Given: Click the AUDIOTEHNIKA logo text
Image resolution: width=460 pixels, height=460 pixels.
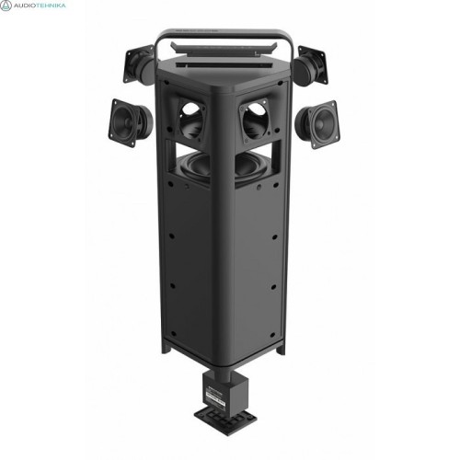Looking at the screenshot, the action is pyautogui.click(x=40, y=6).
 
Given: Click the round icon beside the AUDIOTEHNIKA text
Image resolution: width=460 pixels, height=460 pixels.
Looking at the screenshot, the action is pyautogui.click(x=6, y=6).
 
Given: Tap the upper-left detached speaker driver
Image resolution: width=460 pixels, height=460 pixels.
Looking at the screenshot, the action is pyautogui.click(x=139, y=64).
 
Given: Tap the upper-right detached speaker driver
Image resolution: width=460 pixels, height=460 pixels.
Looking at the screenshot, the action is pyautogui.click(x=311, y=65).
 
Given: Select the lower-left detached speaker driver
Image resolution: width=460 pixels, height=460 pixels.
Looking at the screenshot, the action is pyautogui.click(x=130, y=122).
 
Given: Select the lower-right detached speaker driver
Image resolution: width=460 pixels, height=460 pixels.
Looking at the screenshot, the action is pyautogui.click(x=317, y=124).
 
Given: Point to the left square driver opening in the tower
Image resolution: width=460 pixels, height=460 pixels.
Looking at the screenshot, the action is pyautogui.click(x=191, y=120).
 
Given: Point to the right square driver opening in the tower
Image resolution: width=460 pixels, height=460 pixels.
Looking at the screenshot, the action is pyautogui.click(x=255, y=121).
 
